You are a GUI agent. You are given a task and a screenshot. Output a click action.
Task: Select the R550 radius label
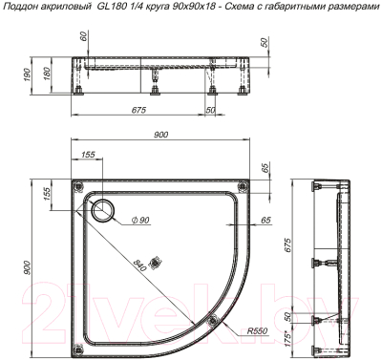point(255,331)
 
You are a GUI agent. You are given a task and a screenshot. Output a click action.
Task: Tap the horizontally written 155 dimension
point(88,154)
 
